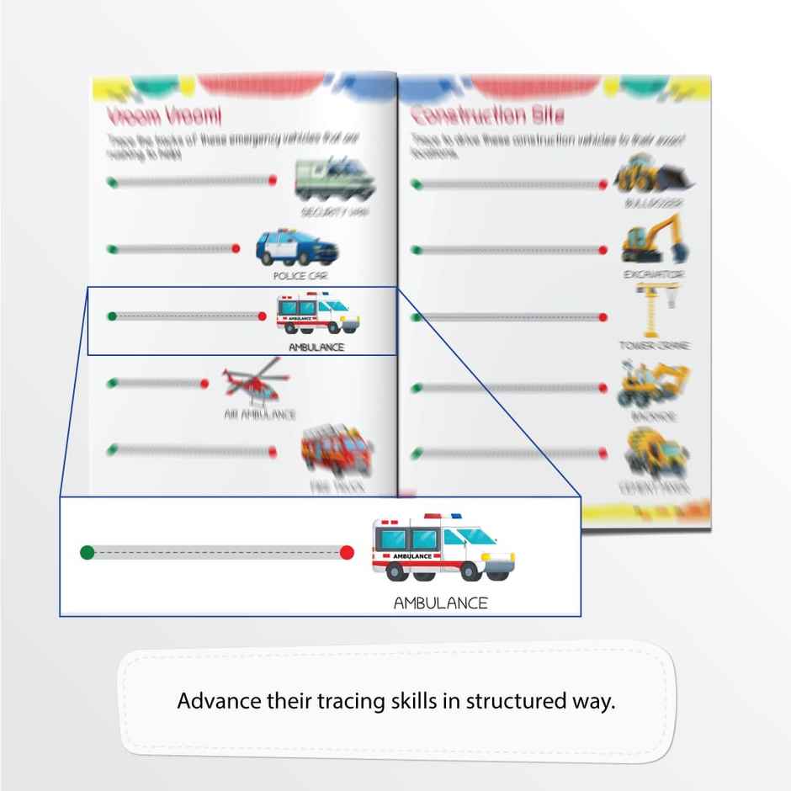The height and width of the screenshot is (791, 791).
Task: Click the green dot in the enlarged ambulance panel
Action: point(87,553)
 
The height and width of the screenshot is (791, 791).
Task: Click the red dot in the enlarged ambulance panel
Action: point(346,553)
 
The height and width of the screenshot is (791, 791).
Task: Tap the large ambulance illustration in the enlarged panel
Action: point(443,549)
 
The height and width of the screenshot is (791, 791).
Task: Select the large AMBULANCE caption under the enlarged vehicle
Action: point(440,603)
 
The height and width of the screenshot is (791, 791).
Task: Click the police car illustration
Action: point(297,247)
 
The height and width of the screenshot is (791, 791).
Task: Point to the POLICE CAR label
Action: point(295,275)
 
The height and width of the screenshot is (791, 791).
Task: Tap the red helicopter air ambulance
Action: point(253,382)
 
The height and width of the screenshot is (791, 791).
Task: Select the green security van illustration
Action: point(330,179)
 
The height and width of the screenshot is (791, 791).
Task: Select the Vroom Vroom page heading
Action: point(164,114)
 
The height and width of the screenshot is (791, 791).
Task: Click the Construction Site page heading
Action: point(487,114)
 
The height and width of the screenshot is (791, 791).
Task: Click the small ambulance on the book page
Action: point(316,313)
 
